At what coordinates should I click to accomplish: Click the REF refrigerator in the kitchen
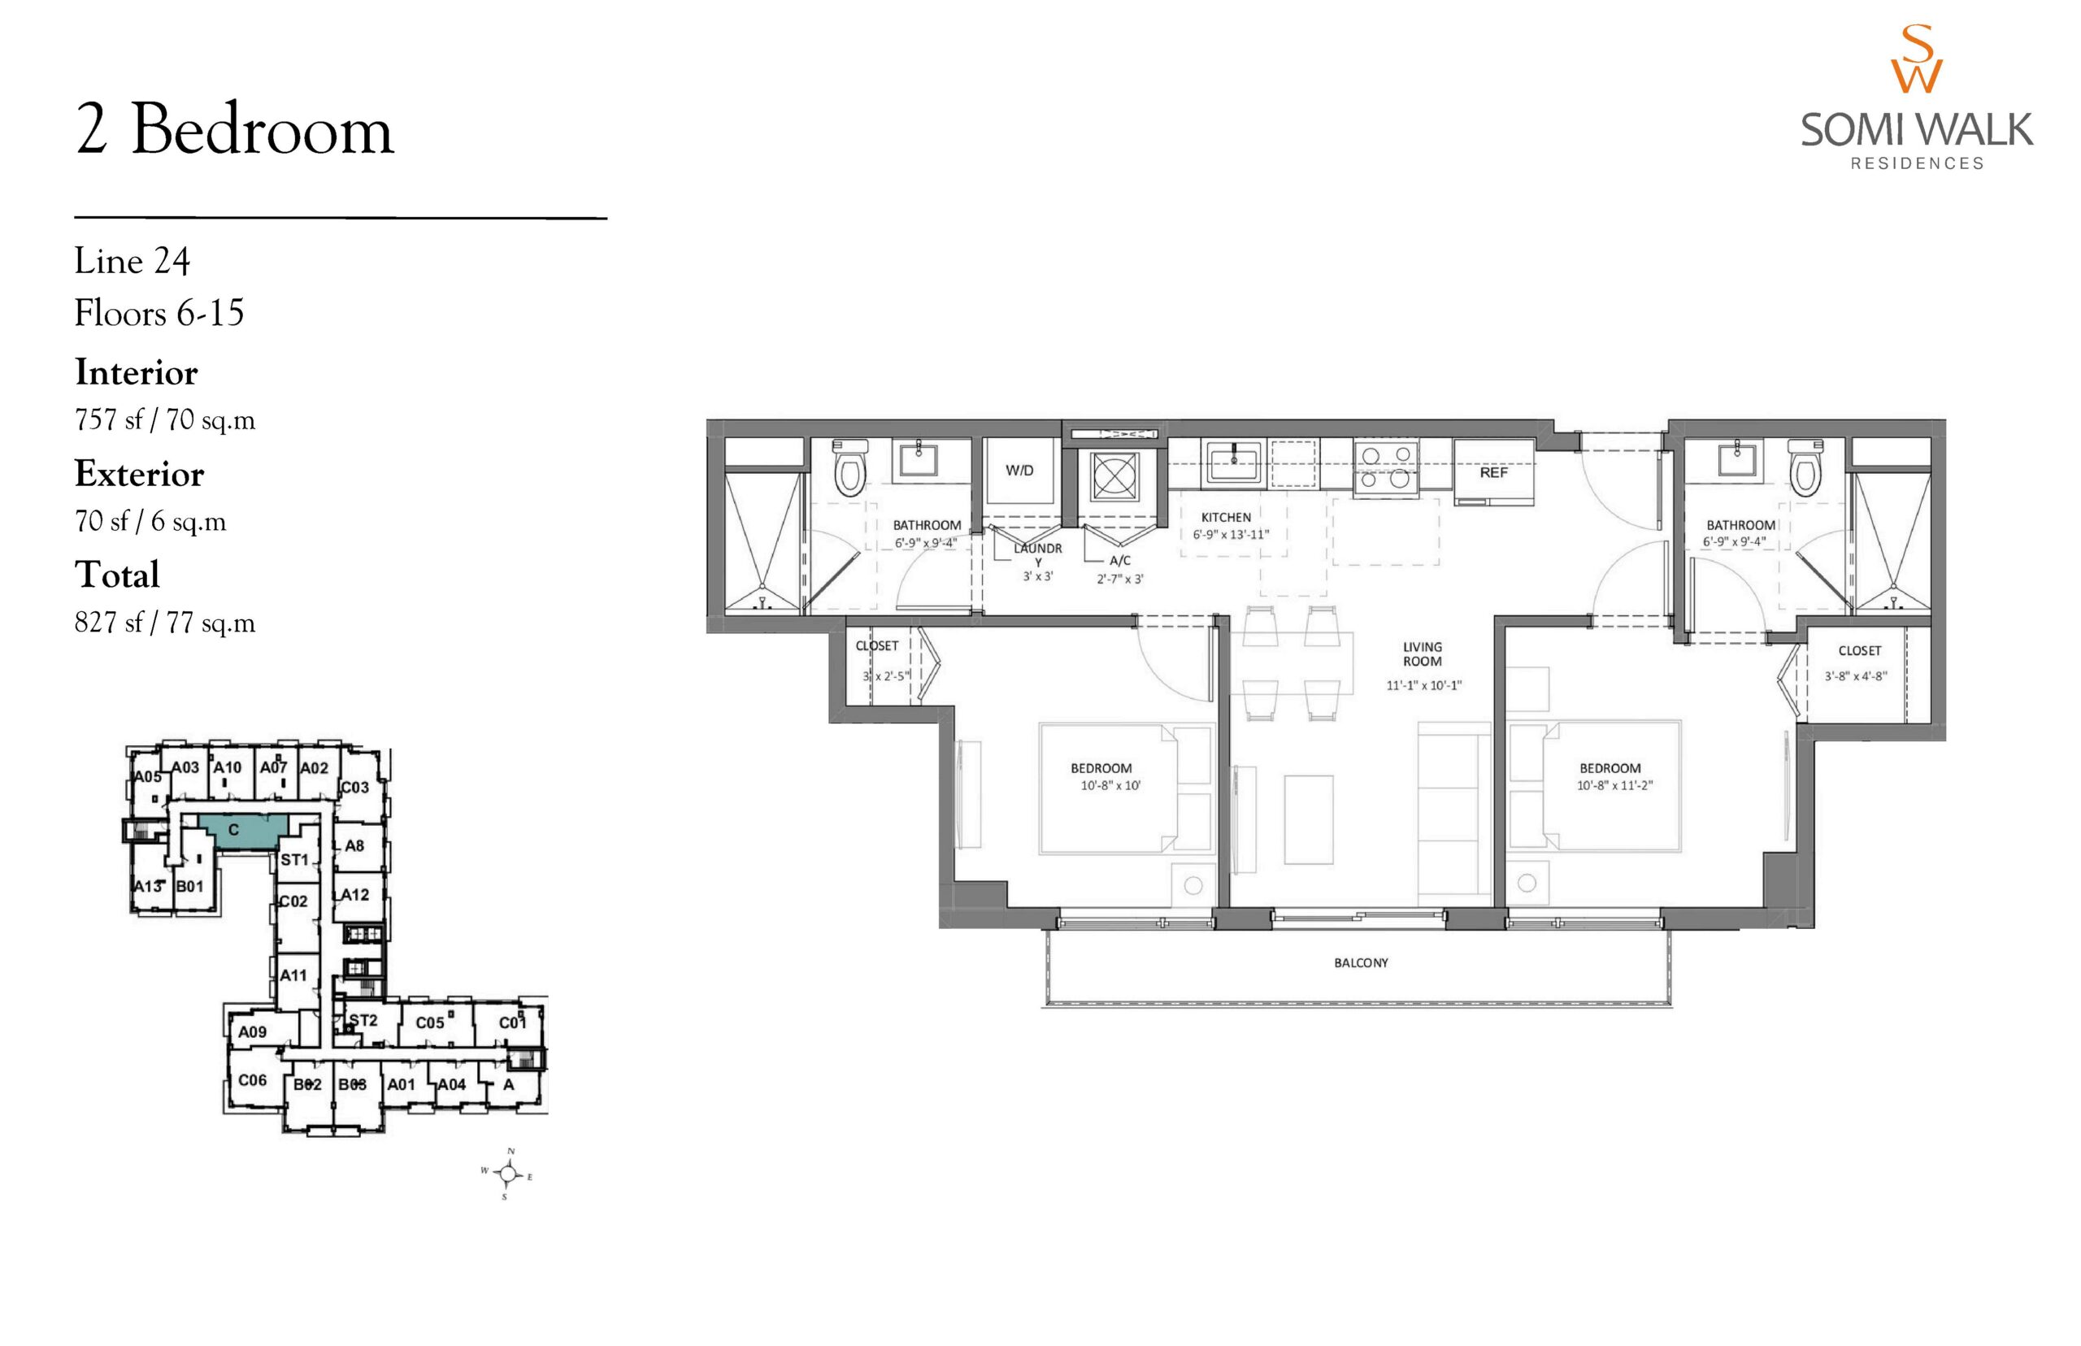pos(1492,472)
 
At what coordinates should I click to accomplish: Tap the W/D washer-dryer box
pos(1019,471)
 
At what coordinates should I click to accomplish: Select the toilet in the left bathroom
pos(849,467)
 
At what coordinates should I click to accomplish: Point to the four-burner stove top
pos(1385,467)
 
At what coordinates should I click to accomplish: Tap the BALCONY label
pos(1361,963)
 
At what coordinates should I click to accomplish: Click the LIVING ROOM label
pos(1422,653)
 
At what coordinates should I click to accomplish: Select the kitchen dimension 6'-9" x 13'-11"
pos(1231,535)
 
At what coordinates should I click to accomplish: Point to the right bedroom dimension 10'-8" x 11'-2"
pos(1614,786)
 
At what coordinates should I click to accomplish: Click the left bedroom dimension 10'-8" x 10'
pos(1110,786)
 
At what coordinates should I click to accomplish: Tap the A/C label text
pos(1119,561)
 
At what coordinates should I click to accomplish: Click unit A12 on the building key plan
pos(353,895)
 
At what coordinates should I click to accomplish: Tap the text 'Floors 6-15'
pos(159,313)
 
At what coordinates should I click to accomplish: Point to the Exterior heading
pos(139,474)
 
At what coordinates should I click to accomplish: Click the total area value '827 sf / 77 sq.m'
pos(164,623)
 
